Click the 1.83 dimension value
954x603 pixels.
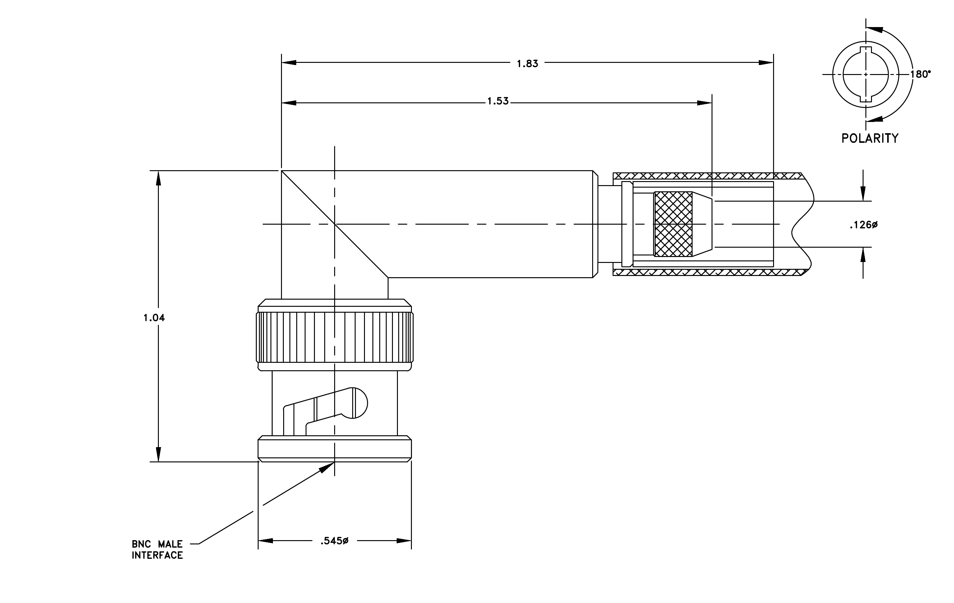(527, 63)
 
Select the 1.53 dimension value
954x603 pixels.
(498, 101)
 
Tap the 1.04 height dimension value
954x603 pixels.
(154, 318)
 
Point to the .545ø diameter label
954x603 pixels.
(334, 541)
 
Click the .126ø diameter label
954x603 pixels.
(864, 225)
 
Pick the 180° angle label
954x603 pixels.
(921, 74)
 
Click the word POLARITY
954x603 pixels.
(870, 138)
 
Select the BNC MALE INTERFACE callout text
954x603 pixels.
(157, 549)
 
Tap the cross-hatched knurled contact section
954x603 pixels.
(674, 224)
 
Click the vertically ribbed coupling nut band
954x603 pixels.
(335, 337)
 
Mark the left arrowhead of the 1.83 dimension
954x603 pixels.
(289, 63)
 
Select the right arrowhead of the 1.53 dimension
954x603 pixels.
(704, 103)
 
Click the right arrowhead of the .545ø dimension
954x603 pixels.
(404, 541)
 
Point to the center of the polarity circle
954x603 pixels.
(866, 74)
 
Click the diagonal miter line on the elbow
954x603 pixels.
(335, 224)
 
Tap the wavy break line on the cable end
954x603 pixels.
(802, 224)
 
